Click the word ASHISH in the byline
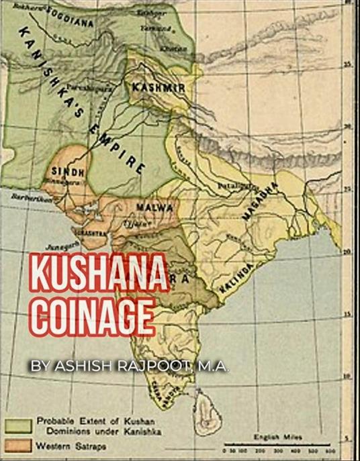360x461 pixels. pos(87,366)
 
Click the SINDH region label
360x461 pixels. pos(68,172)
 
